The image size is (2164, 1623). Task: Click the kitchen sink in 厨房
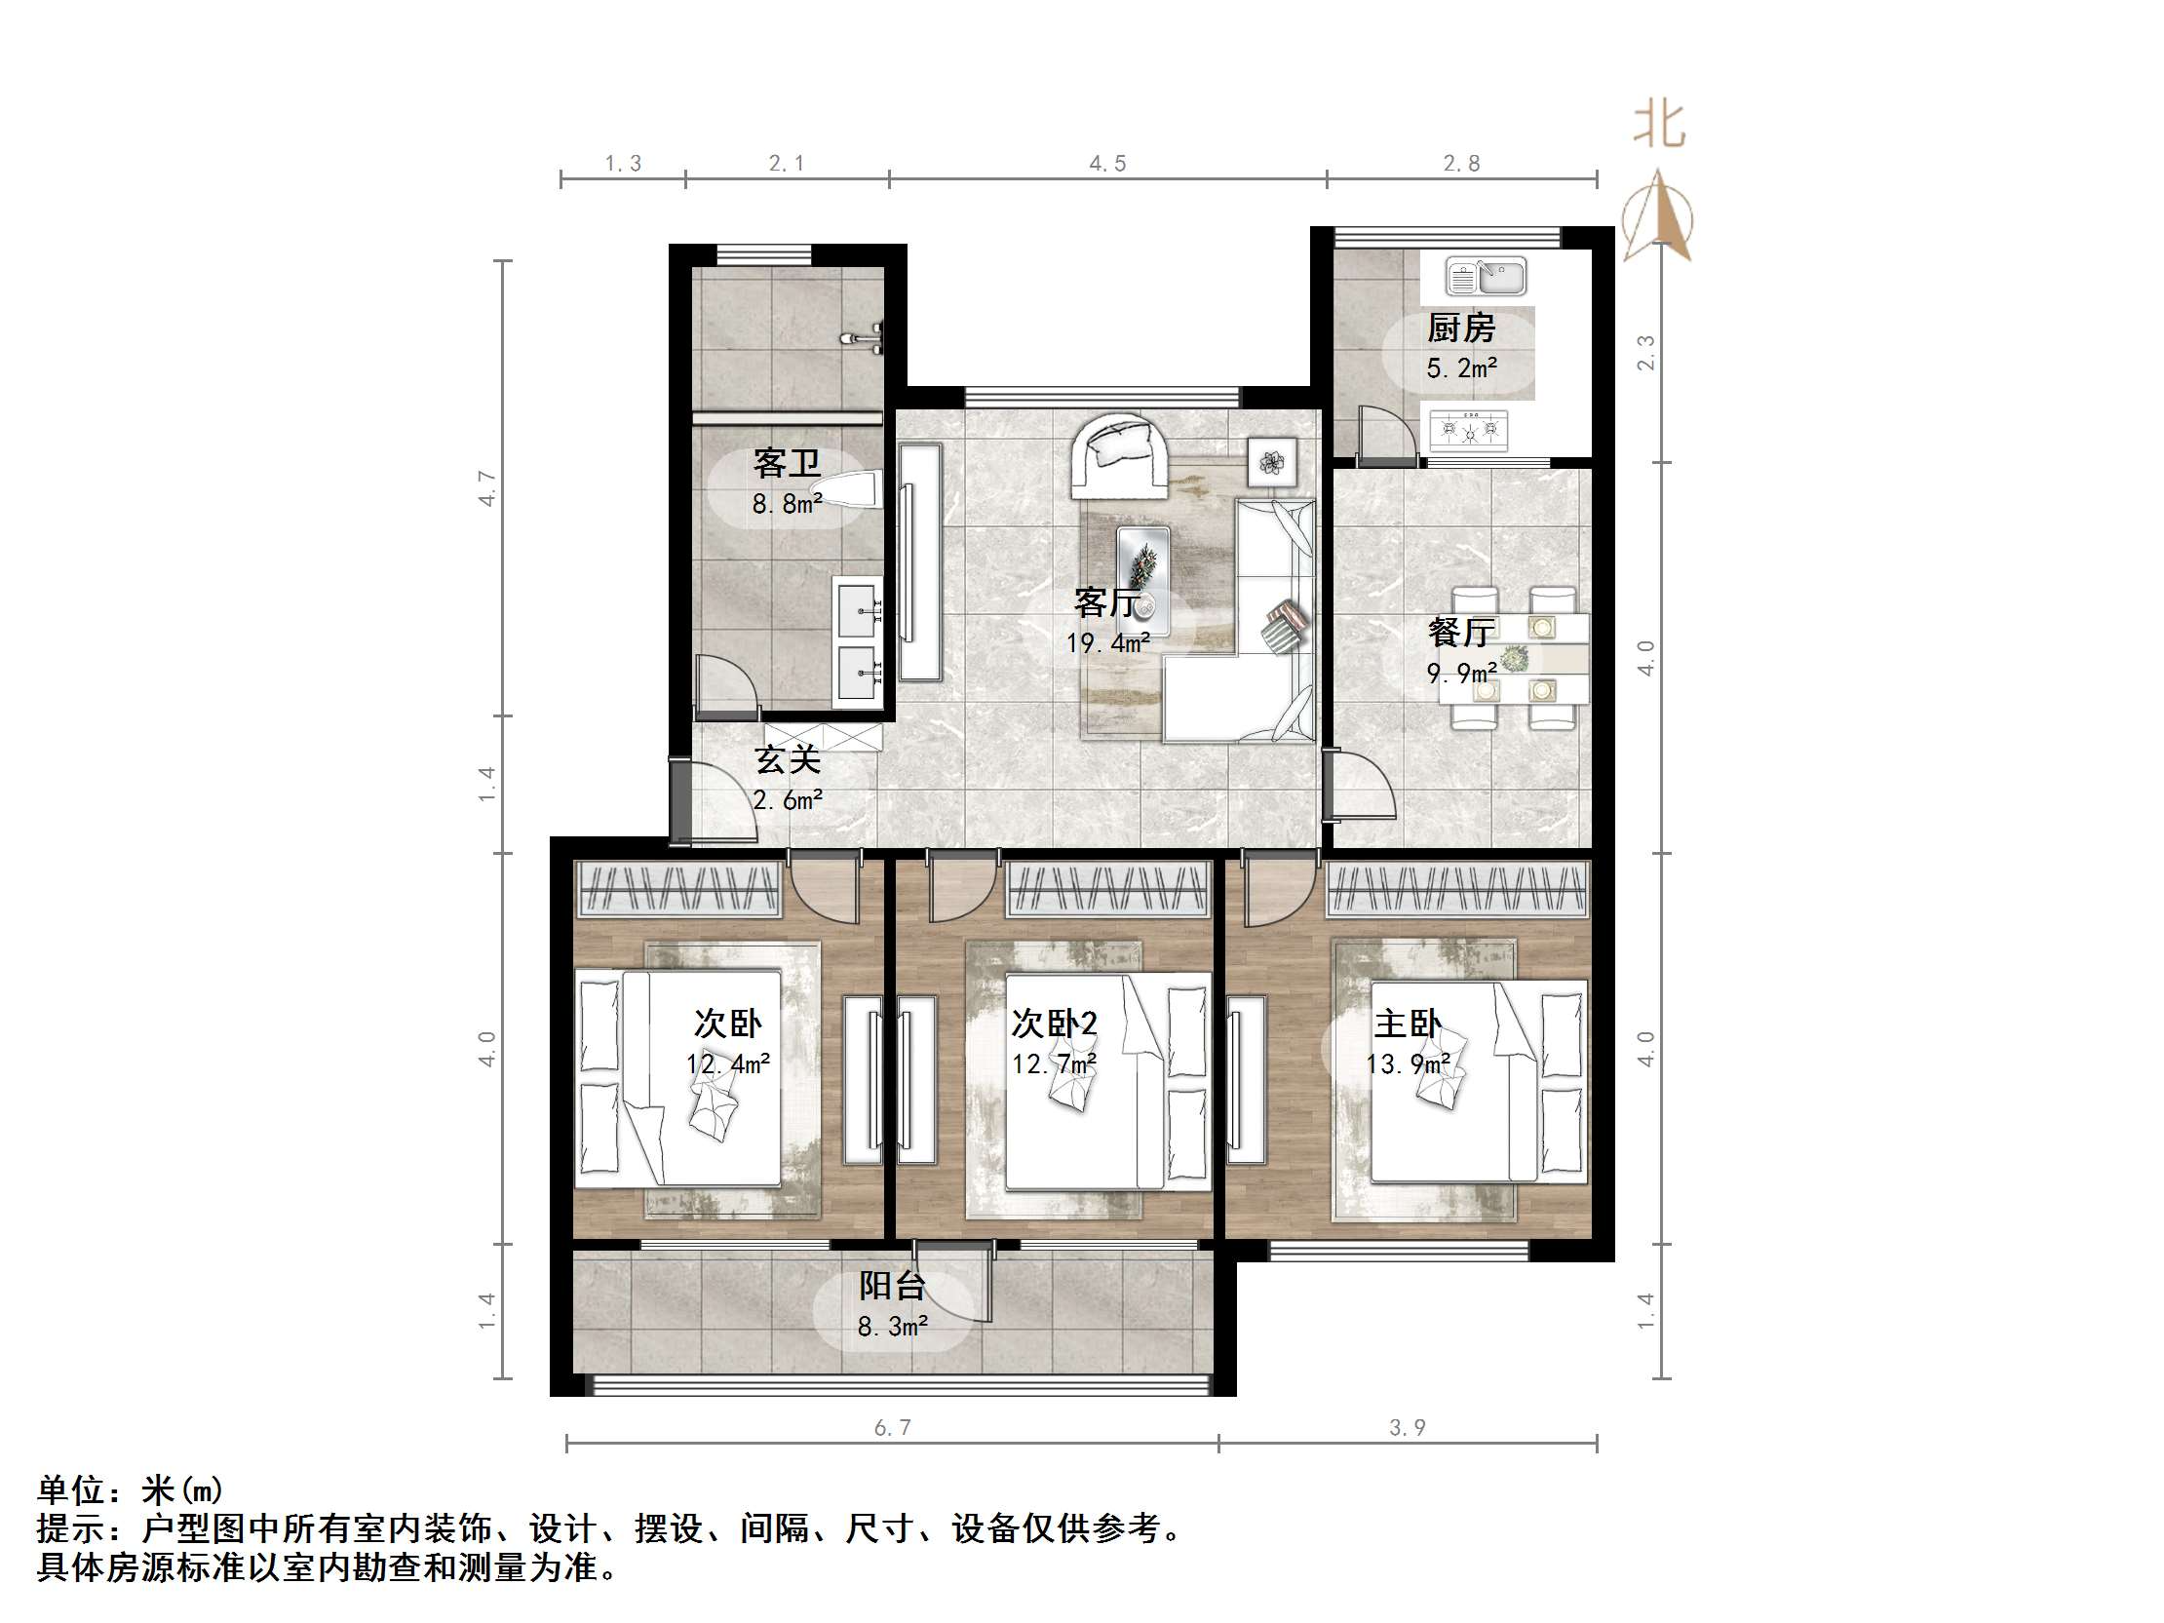pos(1485,277)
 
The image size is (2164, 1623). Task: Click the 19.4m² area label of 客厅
pos(1107,643)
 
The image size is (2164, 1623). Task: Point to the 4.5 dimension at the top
pos(1107,164)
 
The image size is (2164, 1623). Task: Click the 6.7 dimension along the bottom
pos(892,1428)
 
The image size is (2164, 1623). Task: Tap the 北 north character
pos(1659,126)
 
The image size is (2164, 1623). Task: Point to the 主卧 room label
pos(1408,1024)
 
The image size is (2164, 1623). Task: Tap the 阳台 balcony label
pos(892,1286)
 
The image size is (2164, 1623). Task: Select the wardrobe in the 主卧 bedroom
pos(1455,889)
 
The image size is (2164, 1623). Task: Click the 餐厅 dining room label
pos(1460,632)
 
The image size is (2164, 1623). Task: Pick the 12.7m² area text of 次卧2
pos(1054,1063)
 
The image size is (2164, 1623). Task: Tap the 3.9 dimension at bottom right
pos(1408,1428)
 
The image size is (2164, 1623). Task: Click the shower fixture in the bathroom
pos(865,338)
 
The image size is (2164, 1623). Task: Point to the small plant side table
pos(1272,462)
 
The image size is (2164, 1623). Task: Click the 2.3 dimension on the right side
pos(1646,352)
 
